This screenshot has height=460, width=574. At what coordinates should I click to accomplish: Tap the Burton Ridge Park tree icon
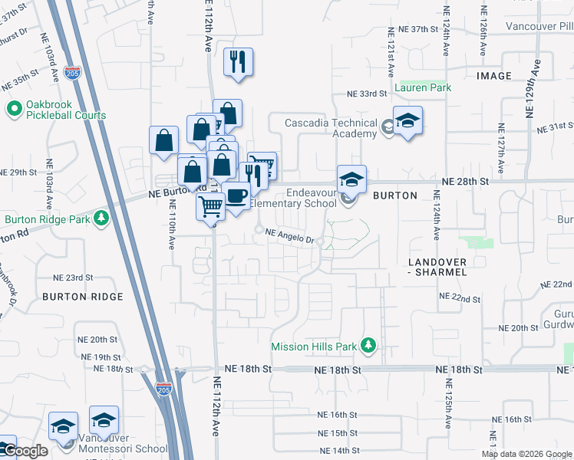click(x=101, y=219)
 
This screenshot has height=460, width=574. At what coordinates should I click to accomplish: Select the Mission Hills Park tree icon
click(x=368, y=346)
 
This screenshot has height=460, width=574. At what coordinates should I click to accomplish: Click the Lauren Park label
click(x=422, y=87)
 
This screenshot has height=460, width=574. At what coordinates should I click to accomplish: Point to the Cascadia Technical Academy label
click(x=332, y=128)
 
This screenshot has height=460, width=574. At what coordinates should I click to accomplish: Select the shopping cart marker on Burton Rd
click(x=209, y=205)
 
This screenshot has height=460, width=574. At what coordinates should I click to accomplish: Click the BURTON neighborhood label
click(x=394, y=195)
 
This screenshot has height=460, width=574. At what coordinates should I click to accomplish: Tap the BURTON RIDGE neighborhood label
click(x=83, y=296)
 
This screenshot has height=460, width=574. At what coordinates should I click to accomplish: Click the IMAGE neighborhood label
click(x=493, y=76)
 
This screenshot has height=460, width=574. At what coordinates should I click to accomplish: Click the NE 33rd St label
click(x=365, y=94)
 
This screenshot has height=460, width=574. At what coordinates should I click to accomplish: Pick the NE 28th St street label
click(x=466, y=182)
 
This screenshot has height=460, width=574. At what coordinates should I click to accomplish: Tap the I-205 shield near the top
click(x=72, y=74)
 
